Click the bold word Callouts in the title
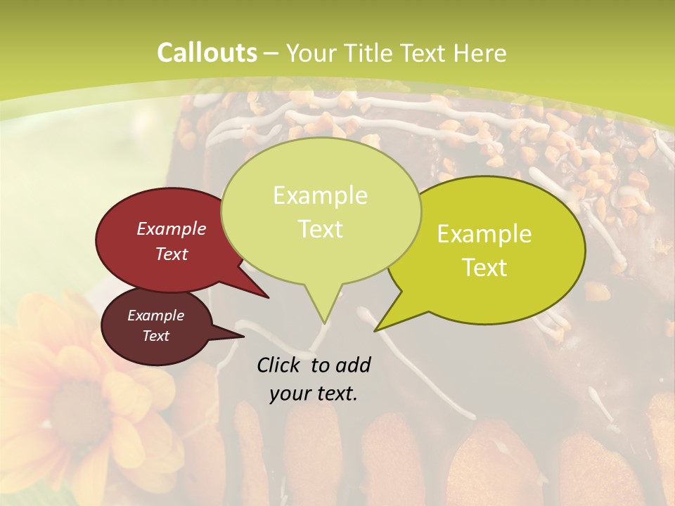coord(207,53)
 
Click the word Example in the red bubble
coord(172,228)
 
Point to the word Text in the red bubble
coord(172,254)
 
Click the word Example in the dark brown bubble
coord(156,316)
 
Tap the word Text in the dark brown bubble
coord(156,336)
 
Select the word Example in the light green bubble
coord(320,195)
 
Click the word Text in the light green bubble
coord(320,229)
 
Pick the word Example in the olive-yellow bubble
coord(484,234)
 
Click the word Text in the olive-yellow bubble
coord(484,268)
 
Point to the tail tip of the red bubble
coord(269,298)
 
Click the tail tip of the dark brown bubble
coord(243,336)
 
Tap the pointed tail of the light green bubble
coord(325,323)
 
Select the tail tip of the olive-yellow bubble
coord(375,330)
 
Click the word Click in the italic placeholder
coord(281,365)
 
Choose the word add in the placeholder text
coord(354,365)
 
